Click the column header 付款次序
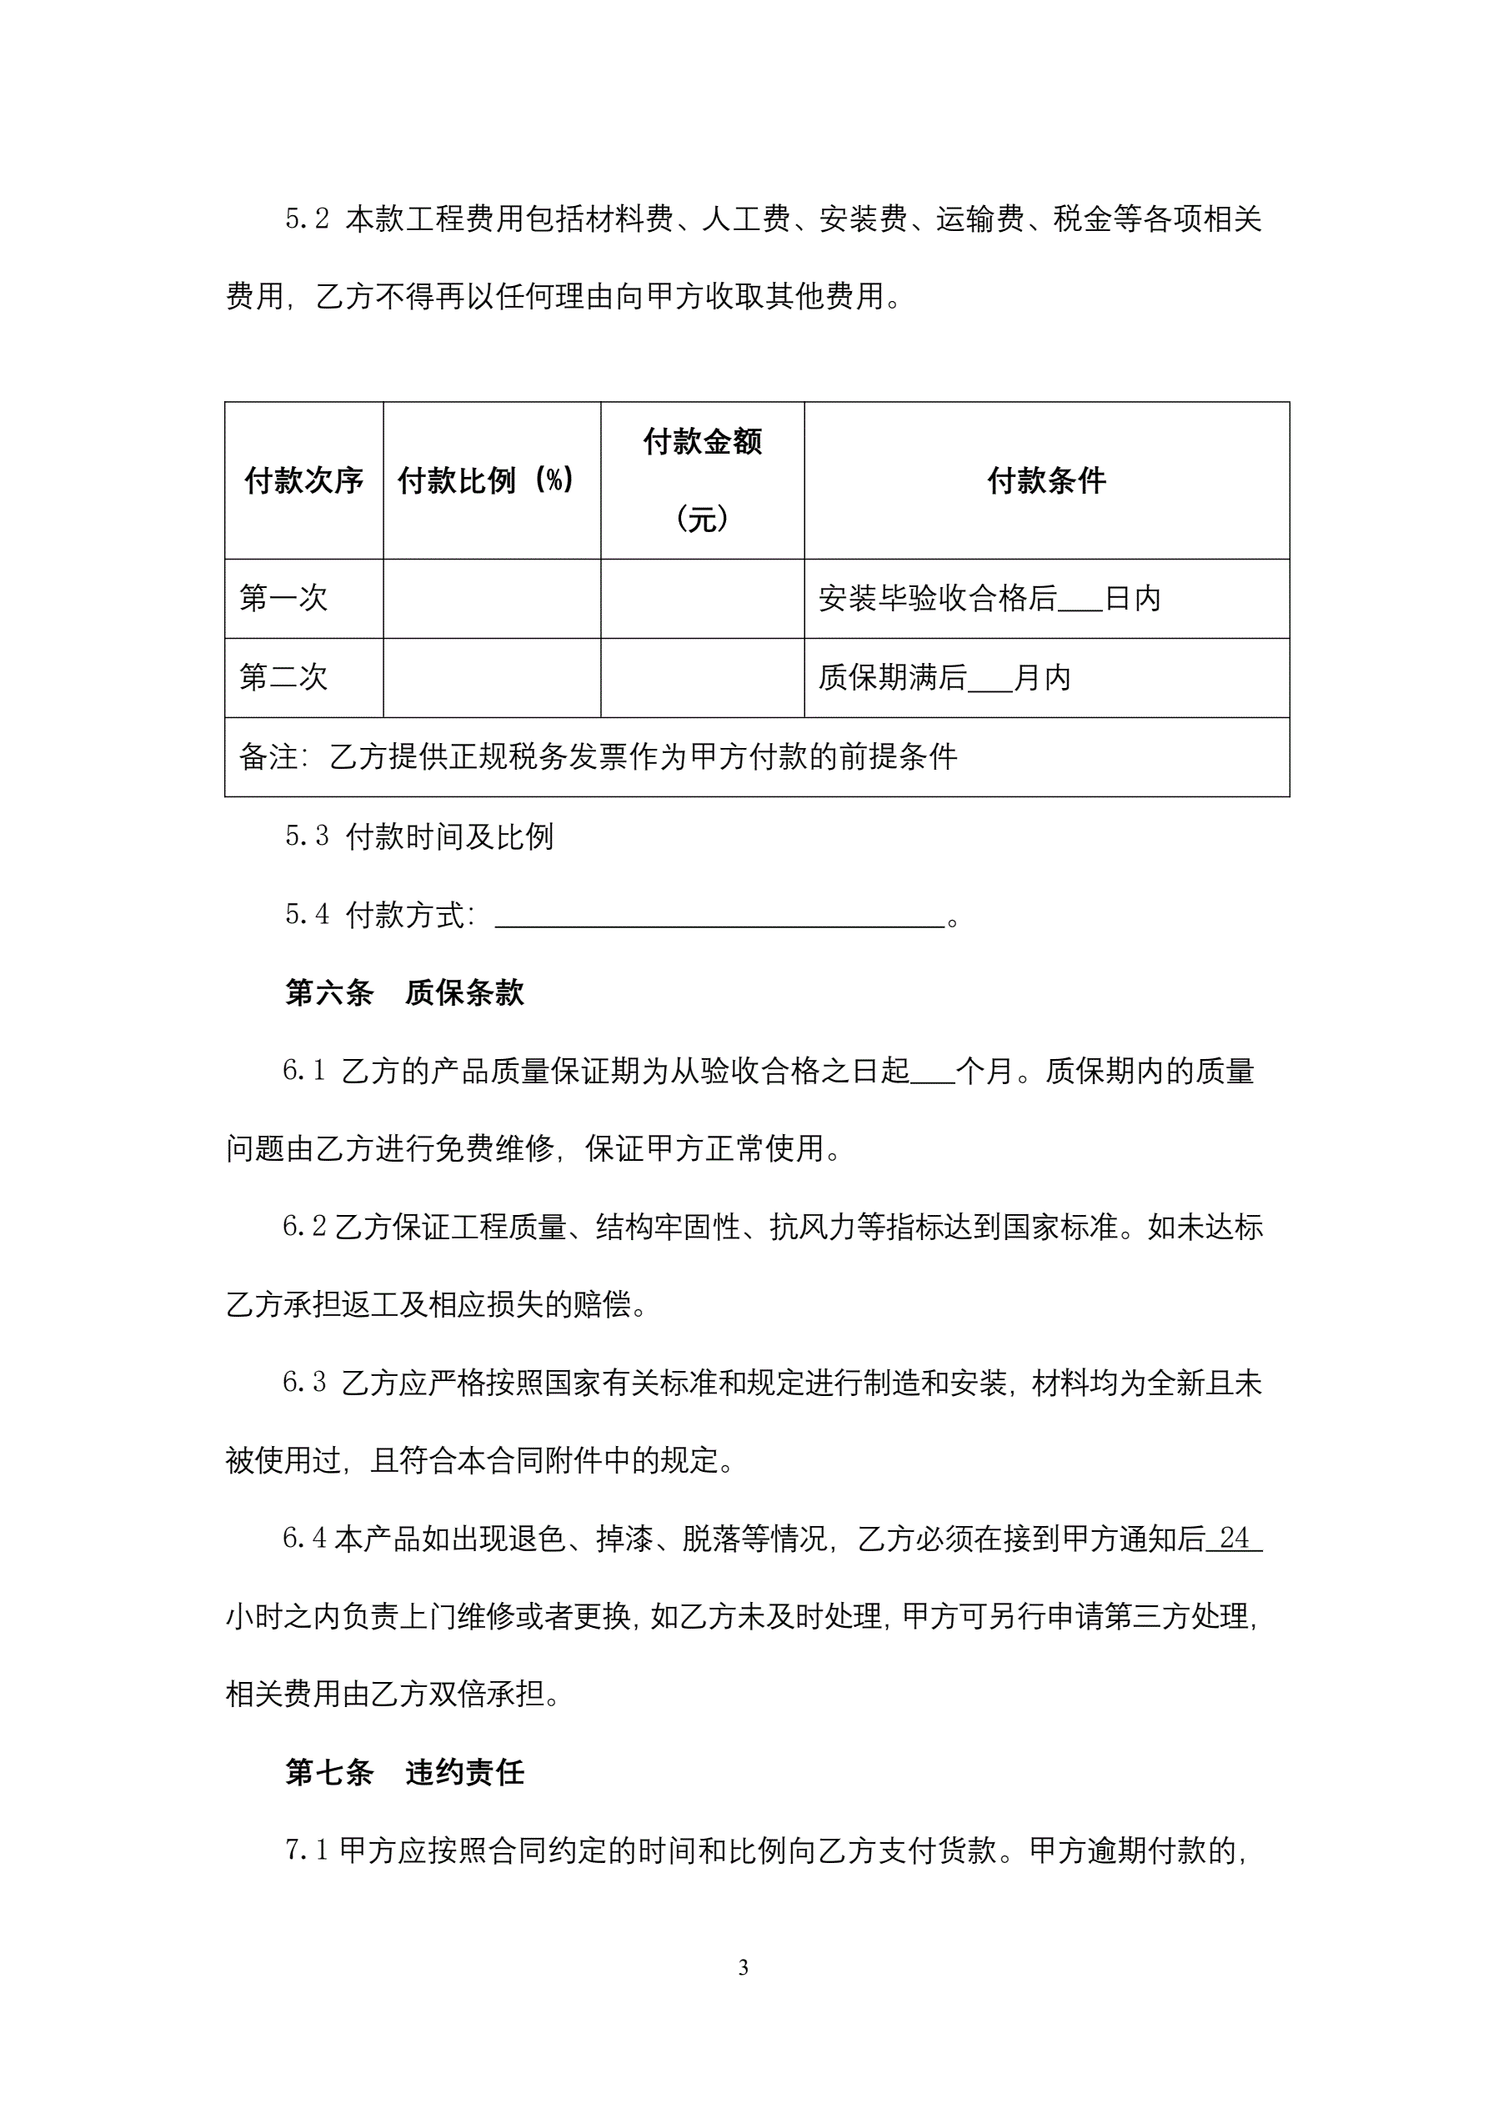(303, 480)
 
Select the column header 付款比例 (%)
(486, 480)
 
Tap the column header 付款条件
(1046, 480)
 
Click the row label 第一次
(283, 599)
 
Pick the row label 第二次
(283, 677)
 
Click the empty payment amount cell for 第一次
(702, 599)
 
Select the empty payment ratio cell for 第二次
(491, 677)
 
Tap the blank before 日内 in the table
(1080, 602)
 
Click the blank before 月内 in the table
(989, 680)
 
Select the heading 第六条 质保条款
(404, 992)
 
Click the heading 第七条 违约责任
(404, 1773)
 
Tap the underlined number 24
(1235, 1539)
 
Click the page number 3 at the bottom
(743, 1967)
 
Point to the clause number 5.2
(307, 219)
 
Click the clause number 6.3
(304, 1383)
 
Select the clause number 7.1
(307, 1851)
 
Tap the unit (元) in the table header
(702, 520)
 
